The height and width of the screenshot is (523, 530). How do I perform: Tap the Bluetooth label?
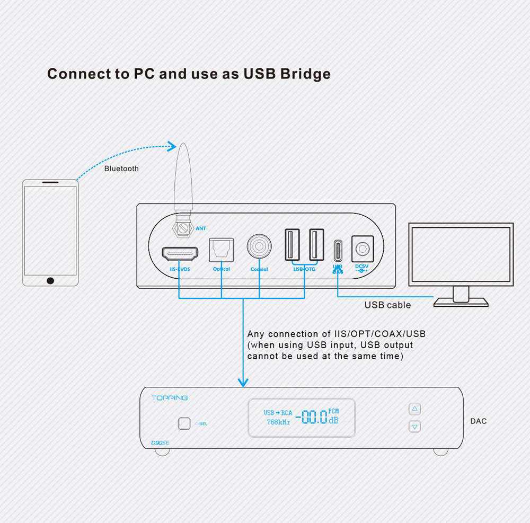click(121, 169)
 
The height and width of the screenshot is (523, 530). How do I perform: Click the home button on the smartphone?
click(50, 280)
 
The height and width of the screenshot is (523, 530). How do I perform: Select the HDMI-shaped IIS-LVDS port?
click(180, 254)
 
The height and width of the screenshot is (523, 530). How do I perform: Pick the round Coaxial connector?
click(259, 246)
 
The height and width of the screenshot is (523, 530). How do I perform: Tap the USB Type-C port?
click(338, 249)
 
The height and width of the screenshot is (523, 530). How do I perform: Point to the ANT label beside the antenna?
click(201, 228)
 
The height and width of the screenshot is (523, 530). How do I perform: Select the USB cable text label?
click(387, 305)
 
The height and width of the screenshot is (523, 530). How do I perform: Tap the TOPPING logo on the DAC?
click(170, 398)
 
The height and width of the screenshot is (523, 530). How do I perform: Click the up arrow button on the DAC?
click(415, 409)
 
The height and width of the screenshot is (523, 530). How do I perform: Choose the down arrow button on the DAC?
click(415, 426)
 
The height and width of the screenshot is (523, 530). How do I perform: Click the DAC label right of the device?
click(478, 421)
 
